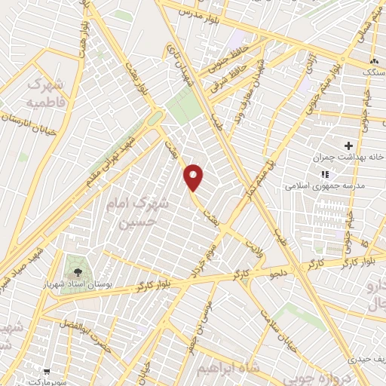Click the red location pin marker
(195, 178)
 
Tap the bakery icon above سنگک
(372, 60)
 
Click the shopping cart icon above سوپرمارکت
(47, 372)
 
